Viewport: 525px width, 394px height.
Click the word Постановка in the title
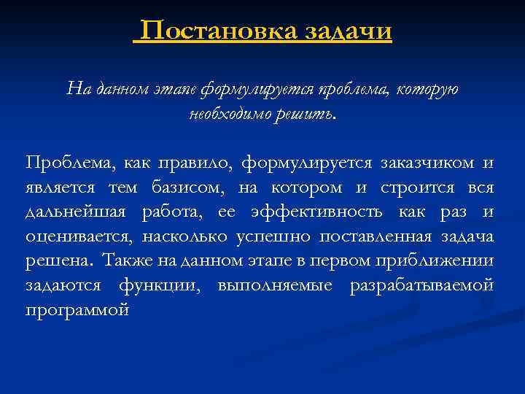click(219, 31)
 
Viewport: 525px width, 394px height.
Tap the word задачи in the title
click(348, 31)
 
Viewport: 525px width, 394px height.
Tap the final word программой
click(77, 309)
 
